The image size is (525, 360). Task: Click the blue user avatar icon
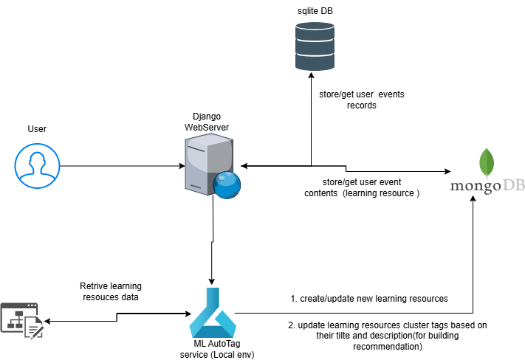[37, 166]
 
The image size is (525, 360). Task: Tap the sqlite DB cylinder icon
[315, 46]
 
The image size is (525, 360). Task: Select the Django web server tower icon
[209, 164]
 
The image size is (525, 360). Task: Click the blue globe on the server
[227, 185]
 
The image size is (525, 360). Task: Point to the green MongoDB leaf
[487, 163]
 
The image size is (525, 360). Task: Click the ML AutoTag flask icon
[213, 313]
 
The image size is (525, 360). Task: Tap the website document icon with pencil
[22, 321]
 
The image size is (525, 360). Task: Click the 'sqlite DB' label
[315, 11]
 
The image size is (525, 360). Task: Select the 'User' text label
[37, 129]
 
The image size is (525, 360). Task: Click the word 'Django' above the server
[207, 117]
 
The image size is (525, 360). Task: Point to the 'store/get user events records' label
[362, 100]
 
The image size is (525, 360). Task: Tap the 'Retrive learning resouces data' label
[111, 291]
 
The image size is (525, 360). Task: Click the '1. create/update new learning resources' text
[369, 299]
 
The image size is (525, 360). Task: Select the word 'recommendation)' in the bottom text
[388, 347]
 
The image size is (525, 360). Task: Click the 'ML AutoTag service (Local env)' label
[217, 349]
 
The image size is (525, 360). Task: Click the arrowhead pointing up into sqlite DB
[312, 75]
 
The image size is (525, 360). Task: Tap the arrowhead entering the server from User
[182, 166]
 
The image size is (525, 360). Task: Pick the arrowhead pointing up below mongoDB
[473, 198]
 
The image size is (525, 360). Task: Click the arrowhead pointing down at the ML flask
[211, 282]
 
